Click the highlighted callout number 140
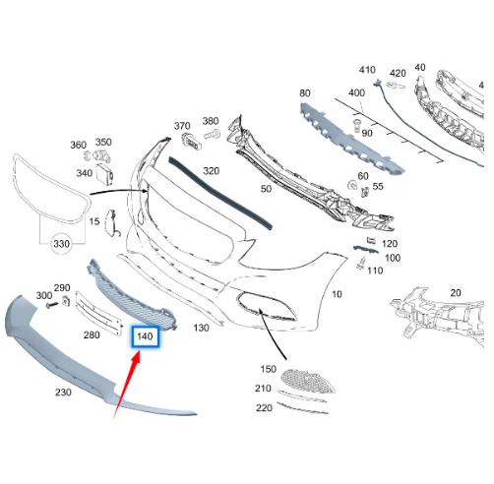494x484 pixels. (x=145, y=336)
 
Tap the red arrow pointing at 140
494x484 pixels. (x=127, y=384)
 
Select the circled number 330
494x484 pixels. (x=62, y=244)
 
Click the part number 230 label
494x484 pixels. (x=63, y=393)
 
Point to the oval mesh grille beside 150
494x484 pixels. (x=308, y=381)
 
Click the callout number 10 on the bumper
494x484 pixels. (x=337, y=294)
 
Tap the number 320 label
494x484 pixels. (x=212, y=171)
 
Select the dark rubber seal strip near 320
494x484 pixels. (x=220, y=193)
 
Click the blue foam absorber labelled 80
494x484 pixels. (x=352, y=138)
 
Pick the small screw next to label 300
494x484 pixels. (x=52, y=305)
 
